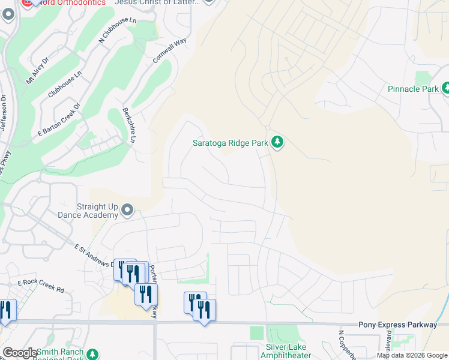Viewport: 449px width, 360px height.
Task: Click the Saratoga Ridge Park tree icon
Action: click(277, 142)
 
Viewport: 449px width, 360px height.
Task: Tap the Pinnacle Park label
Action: click(413, 89)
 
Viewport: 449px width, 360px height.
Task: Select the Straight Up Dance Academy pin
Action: click(127, 209)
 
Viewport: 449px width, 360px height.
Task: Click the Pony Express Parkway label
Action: click(397, 325)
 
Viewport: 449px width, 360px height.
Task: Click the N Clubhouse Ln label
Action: click(118, 31)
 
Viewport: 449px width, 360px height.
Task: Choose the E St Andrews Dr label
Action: click(96, 255)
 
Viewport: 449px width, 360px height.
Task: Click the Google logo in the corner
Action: click(20, 353)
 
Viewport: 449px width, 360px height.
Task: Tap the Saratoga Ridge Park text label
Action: click(230, 143)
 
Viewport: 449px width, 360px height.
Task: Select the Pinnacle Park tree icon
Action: click(447, 89)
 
